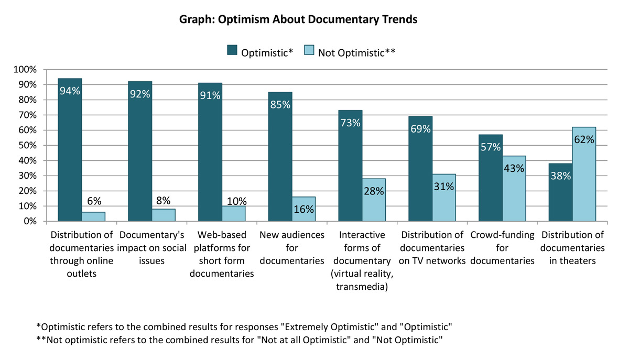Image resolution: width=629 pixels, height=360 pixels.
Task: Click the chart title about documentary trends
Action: point(298,19)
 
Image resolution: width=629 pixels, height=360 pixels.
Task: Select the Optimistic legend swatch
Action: point(231,50)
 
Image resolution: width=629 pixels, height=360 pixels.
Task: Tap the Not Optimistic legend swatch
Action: point(309,50)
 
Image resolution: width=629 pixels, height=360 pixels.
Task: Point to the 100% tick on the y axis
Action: point(25,69)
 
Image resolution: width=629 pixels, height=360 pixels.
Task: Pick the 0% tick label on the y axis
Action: point(29,221)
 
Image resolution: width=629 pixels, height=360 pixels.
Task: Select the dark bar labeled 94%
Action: point(70,152)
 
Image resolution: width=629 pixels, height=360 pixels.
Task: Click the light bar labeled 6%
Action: point(93,216)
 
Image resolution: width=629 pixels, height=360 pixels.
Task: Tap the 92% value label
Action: point(140,94)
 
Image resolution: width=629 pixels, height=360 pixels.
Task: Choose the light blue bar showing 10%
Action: point(234,213)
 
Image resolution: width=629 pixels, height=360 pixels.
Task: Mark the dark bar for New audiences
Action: point(280,157)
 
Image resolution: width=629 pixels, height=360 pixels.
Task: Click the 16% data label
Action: point(304,210)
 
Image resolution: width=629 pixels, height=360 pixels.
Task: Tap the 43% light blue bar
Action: point(514,189)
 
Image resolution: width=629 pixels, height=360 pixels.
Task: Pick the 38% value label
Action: point(560,177)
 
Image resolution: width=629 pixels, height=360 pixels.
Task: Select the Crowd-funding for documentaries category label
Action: point(502,247)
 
